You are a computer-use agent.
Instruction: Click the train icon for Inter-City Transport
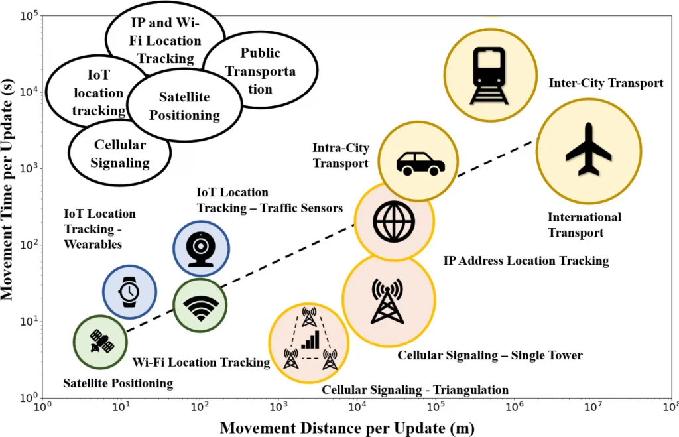[489, 76]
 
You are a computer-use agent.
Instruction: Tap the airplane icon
[588, 150]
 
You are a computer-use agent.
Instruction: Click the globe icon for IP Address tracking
[394, 221]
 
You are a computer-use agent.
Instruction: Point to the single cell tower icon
[388, 300]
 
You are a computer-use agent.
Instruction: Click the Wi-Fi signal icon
[201, 306]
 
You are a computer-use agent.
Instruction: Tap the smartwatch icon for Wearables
[129, 292]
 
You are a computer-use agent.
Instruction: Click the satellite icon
[99, 342]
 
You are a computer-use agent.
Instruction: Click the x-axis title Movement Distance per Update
[347, 427]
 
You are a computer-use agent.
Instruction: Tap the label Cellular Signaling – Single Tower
[489, 355]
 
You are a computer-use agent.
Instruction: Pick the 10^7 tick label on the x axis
[592, 406]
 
